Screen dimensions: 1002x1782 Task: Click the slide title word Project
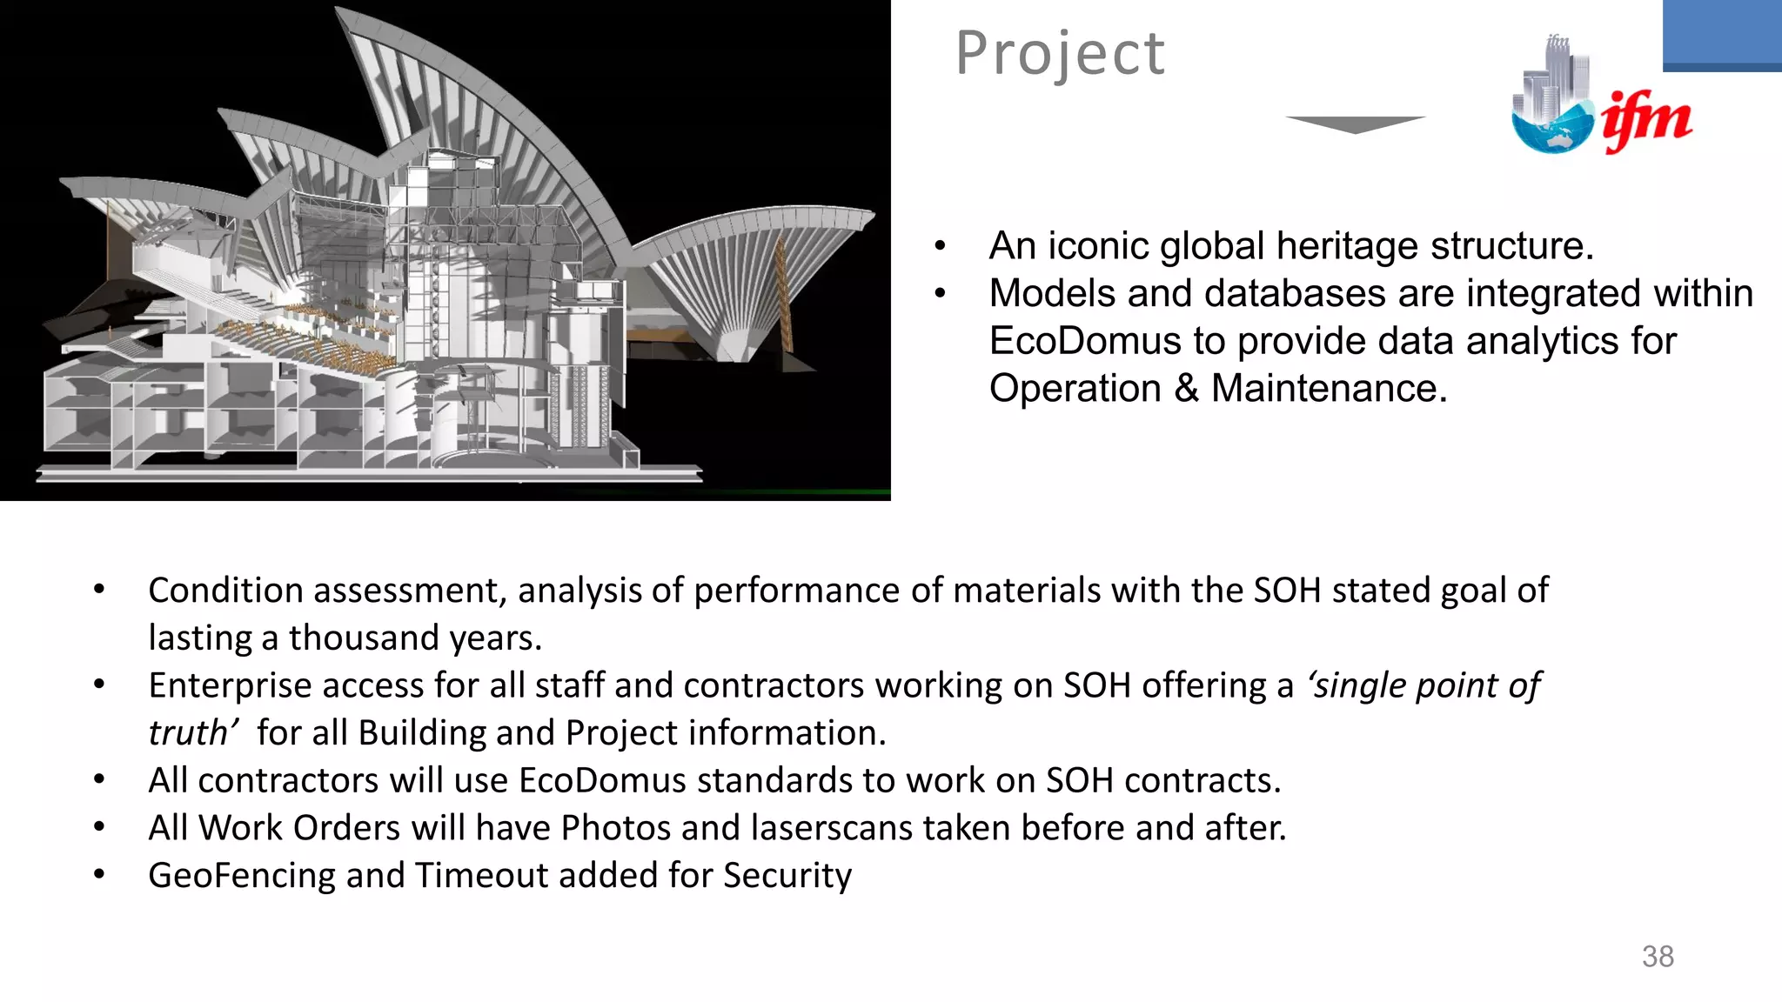coord(1059,54)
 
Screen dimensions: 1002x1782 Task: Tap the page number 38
coord(1657,957)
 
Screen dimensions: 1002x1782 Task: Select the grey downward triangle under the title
coord(1355,124)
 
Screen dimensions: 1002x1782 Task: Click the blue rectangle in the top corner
coord(1721,35)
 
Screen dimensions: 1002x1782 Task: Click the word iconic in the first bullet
coord(1099,246)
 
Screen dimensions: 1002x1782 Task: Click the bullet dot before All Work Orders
coord(99,827)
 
